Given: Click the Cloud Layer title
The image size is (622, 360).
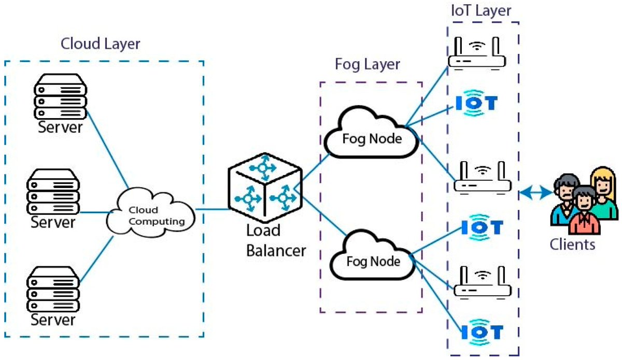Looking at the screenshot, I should [x=101, y=44].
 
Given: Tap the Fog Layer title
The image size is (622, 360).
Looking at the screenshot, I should [x=367, y=65].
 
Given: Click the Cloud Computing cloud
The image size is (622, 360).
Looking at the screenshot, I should [x=150, y=214].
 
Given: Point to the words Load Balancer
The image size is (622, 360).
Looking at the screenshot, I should [x=276, y=240].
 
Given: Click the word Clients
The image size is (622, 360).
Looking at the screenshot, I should [x=573, y=243].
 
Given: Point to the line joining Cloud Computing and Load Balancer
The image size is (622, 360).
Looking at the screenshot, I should [x=213, y=210].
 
